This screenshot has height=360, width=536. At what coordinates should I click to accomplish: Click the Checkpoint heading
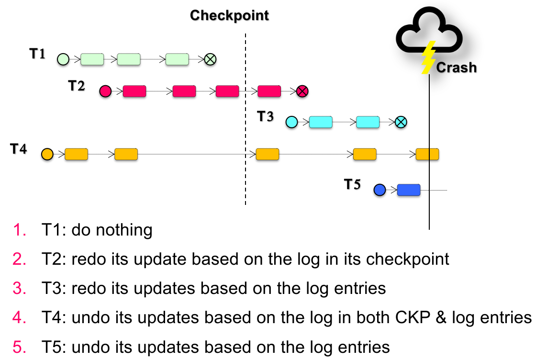click(230, 15)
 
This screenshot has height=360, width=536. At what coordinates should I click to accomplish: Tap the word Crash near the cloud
click(456, 67)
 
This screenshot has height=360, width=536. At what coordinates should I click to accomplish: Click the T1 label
click(37, 54)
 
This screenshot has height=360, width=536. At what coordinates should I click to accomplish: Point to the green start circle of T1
click(63, 59)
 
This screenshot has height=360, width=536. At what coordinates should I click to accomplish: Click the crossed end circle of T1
click(210, 59)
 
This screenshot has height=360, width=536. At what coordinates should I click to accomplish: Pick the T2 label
click(76, 86)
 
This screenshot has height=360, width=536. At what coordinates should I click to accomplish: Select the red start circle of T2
click(105, 91)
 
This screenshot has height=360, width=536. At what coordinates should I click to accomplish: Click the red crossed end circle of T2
click(301, 91)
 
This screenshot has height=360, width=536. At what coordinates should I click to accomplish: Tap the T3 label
click(266, 116)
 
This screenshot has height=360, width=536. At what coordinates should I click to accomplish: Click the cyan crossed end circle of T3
click(401, 122)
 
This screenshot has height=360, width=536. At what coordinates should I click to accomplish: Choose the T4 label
click(19, 149)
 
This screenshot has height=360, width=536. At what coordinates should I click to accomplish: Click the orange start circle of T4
click(47, 154)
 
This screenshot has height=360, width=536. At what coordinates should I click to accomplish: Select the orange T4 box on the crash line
click(427, 154)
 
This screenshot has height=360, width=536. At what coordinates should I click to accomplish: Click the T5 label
click(353, 184)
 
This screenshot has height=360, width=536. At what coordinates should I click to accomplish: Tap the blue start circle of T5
click(380, 190)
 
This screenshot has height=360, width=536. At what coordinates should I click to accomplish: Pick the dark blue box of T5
click(409, 190)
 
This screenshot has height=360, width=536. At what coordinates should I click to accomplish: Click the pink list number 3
click(19, 289)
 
